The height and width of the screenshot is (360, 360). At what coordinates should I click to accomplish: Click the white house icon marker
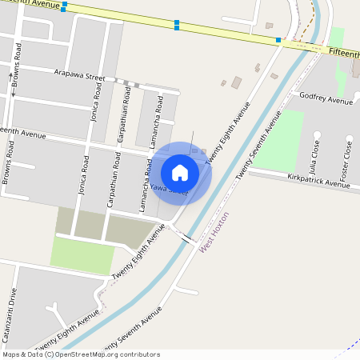point(180,172)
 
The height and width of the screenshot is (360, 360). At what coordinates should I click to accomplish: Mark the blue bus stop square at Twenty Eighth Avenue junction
point(278,40)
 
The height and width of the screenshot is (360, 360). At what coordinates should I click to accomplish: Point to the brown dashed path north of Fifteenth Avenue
point(304,24)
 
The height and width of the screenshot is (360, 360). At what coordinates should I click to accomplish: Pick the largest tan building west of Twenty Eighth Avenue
point(236,82)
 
